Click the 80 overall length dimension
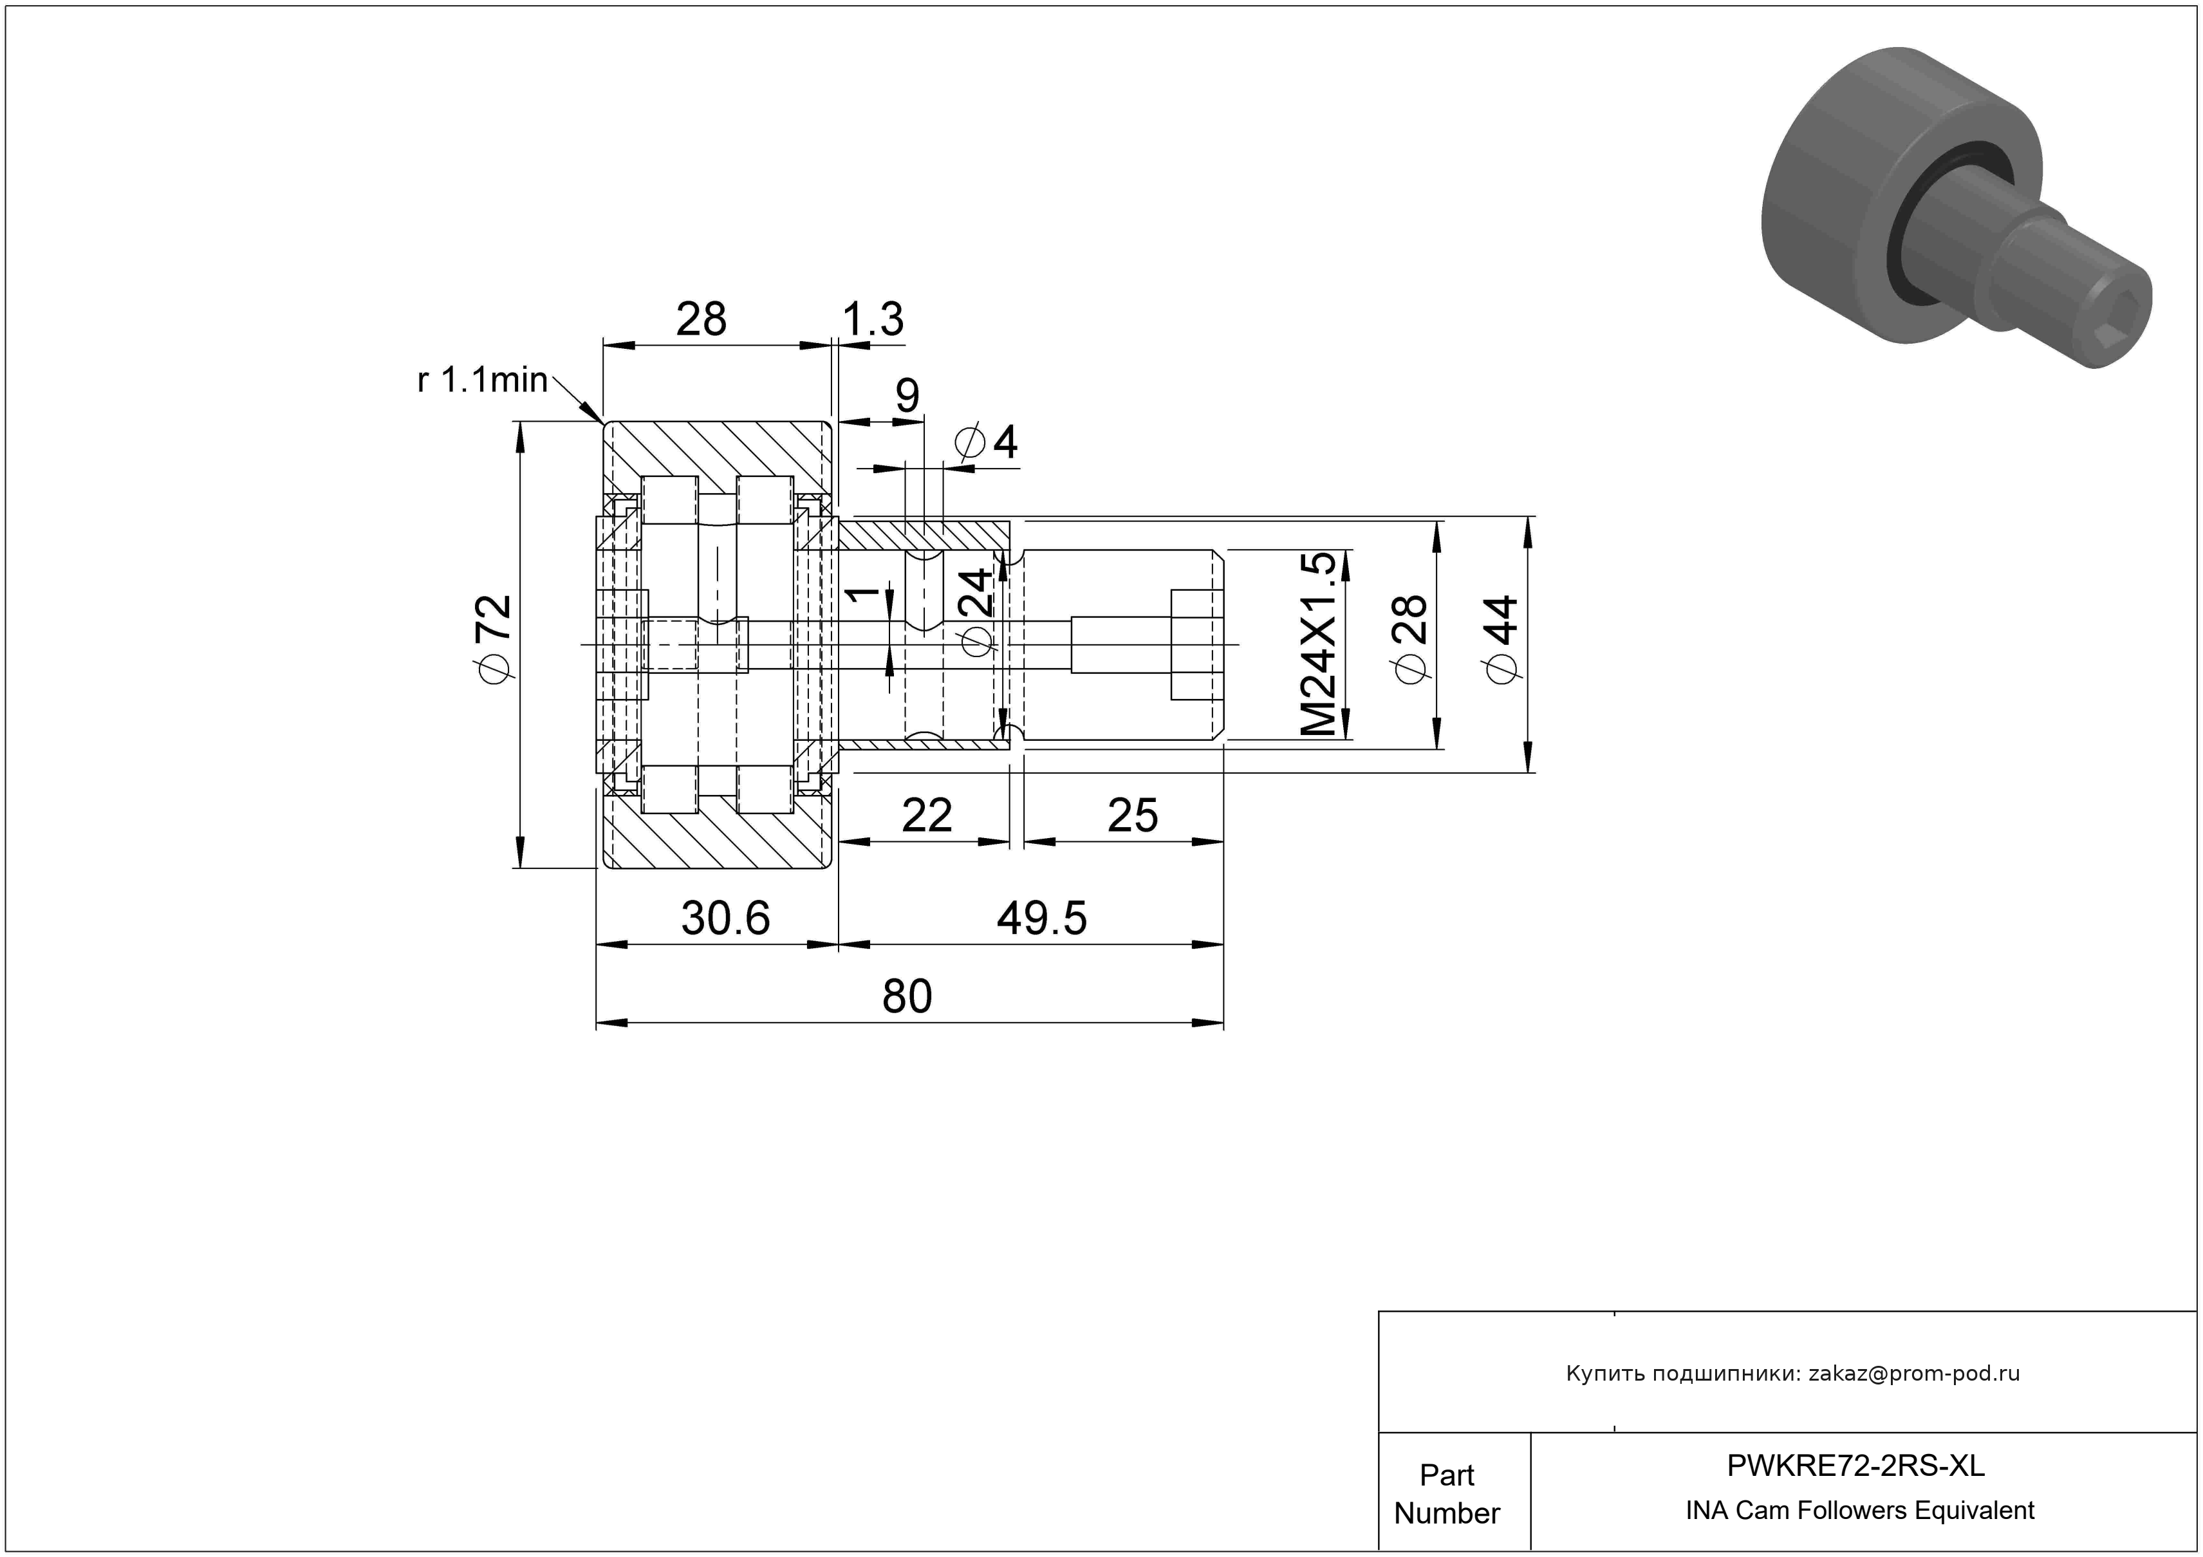[907, 997]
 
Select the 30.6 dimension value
[725, 918]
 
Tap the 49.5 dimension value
[1042, 918]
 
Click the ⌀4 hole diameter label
[987, 442]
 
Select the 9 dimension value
[907, 395]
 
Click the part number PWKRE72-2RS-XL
[1855, 1466]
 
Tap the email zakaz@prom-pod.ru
[1914, 1374]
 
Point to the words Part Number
[1447, 1494]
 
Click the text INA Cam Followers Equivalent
[1859, 1511]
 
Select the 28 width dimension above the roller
[702, 319]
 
